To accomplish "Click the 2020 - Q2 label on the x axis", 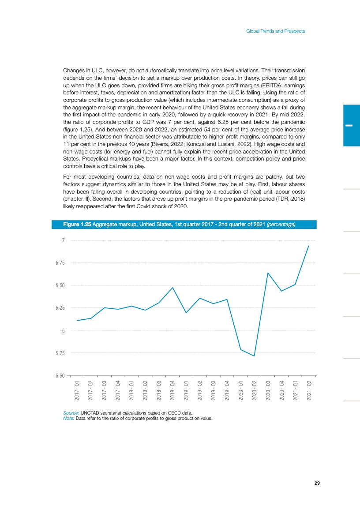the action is (x=254, y=390).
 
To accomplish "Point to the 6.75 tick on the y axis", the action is (x=60, y=263).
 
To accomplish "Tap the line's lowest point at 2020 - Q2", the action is (x=254, y=356).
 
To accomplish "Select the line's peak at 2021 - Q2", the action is (x=309, y=246).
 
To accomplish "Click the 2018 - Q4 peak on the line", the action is (x=173, y=287).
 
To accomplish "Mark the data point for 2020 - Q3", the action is (x=268, y=273).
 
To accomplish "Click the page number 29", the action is (x=317, y=483).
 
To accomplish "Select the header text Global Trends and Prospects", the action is (x=276, y=31).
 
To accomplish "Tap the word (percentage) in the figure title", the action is (x=281, y=224).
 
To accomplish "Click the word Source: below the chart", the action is (x=71, y=413).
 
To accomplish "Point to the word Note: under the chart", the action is (x=69, y=419).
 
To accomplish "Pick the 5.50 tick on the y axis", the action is (x=60, y=375).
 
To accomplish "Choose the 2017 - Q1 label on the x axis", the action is (x=77, y=390).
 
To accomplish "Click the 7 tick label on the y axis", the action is (x=63, y=240).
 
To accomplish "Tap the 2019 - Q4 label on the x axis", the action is (x=227, y=390).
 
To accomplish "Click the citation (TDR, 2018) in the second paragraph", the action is (x=290, y=199).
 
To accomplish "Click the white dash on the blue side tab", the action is (x=349, y=125).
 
